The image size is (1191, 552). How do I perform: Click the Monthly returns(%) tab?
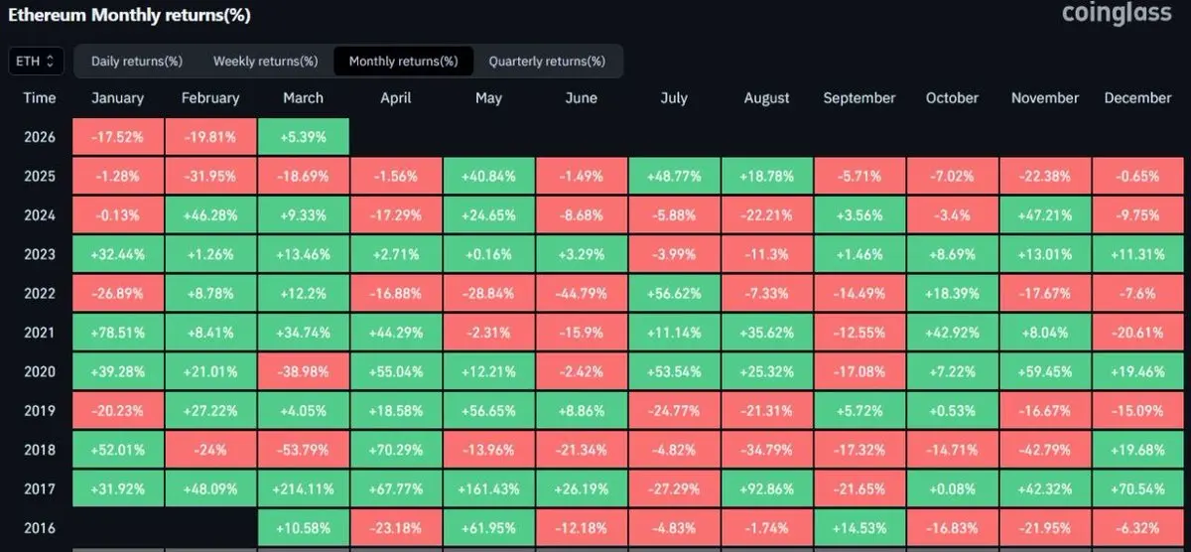coord(403,62)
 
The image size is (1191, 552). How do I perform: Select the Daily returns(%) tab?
coord(137,62)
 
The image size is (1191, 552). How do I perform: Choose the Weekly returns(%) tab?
coord(265,62)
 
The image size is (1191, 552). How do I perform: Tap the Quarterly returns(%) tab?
coord(547,62)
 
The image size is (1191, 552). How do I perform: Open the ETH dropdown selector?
coord(37,62)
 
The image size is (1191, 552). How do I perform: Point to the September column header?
coord(859,98)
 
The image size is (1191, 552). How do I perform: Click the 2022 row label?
coord(40,293)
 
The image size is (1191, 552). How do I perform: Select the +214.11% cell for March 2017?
coord(303,488)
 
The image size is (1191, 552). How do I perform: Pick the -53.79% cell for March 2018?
coord(303,450)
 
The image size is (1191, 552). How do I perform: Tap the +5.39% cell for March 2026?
coord(303,137)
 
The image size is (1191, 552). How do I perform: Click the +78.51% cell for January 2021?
coord(117,333)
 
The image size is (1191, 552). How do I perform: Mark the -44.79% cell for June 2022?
coord(581,293)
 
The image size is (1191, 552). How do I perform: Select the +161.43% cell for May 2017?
coord(488,488)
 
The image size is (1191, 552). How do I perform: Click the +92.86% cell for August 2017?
coord(766,488)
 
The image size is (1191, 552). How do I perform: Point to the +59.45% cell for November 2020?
coord(1044,371)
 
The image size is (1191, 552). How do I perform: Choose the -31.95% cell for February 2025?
coord(210,177)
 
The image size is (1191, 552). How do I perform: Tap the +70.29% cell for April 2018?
coord(396,450)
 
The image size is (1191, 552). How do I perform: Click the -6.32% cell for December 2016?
coord(1137,527)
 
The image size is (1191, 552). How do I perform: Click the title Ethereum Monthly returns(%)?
coord(129,15)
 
